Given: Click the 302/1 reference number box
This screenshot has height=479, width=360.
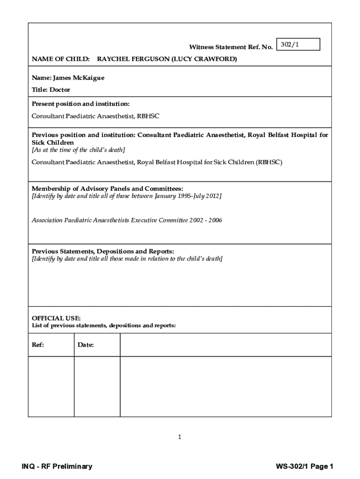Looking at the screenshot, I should pos(298,44).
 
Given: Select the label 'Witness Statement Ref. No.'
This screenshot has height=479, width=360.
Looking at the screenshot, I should pos(230,47).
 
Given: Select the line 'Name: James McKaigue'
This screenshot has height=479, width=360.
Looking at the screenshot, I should pos(68,78).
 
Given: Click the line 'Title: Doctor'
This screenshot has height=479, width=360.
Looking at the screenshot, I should pos(51,89).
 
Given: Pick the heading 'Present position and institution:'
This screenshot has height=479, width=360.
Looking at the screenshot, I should pos(80,103).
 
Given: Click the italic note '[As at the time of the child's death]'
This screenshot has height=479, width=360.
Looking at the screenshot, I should pos(78,150).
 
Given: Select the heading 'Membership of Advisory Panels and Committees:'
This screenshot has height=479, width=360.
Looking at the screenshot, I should pos(104,189).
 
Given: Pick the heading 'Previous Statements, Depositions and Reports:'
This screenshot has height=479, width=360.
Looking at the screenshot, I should pos(102,251).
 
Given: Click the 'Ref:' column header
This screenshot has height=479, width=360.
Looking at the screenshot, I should pos(38,345).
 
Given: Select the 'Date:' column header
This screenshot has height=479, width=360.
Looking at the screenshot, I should pos(86,345).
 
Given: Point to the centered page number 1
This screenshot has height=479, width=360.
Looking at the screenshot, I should pos(180,437).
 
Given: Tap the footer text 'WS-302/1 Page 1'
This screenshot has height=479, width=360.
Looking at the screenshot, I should pos(304,466).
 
